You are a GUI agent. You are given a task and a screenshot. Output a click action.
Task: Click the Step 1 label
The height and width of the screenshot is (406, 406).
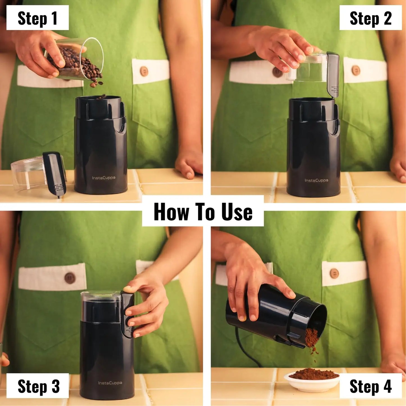click(37, 18)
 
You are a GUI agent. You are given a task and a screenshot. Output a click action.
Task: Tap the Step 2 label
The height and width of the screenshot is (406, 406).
click(370, 18)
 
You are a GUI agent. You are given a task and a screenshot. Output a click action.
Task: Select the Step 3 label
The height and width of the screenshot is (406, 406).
click(38, 386)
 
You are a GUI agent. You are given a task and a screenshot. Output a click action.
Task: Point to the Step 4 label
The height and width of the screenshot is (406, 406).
click(370, 386)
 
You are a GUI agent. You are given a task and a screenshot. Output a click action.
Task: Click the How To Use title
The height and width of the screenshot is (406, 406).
click(203, 212)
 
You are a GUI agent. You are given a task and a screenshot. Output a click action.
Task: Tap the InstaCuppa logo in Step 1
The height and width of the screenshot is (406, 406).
click(103, 178)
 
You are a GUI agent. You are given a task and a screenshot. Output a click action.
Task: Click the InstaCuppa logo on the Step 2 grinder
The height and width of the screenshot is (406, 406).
click(316, 180)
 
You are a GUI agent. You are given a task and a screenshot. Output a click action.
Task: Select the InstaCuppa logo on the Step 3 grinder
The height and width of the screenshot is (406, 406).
click(110, 383)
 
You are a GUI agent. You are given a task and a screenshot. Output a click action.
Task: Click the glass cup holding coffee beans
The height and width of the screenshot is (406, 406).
click(74, 60)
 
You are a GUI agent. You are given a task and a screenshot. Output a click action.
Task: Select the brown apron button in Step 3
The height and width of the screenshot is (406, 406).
click(69, 278)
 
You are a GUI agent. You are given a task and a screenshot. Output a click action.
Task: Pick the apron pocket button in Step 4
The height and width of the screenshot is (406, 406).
click(334, 273)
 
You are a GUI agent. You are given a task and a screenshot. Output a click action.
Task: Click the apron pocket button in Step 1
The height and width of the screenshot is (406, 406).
click(144, 71)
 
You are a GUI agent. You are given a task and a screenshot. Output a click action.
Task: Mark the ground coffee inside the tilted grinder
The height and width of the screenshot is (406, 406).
click(312, 337)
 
